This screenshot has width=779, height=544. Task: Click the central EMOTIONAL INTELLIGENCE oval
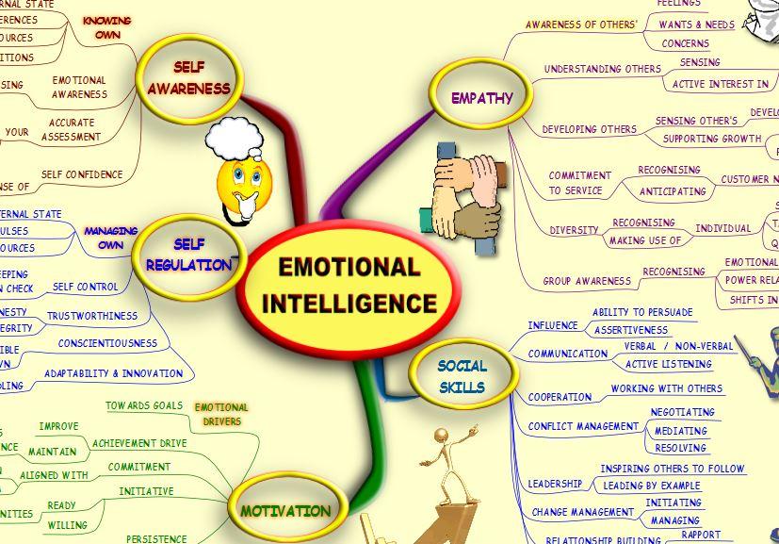(x=349, y=285)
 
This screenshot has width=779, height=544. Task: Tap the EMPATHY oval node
(x=481, y=97)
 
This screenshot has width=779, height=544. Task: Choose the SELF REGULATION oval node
(x=188, y=256)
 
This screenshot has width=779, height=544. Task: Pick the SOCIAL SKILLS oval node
(x=463, y=376)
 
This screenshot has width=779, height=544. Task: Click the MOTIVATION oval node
(x=285, y=511)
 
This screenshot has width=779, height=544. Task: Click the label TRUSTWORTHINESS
(x=91, y=316)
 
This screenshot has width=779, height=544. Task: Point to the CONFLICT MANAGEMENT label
(x=583, y=426)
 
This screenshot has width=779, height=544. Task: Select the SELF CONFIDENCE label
(x=82, y=174)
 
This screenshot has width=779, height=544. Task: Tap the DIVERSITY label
(x=574, y=230)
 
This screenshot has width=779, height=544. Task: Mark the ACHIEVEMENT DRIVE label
(x=139, y=443)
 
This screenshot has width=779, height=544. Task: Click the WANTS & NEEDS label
(x=696, y=25)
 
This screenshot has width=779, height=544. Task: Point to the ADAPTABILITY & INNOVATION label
(x=113, y=373)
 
